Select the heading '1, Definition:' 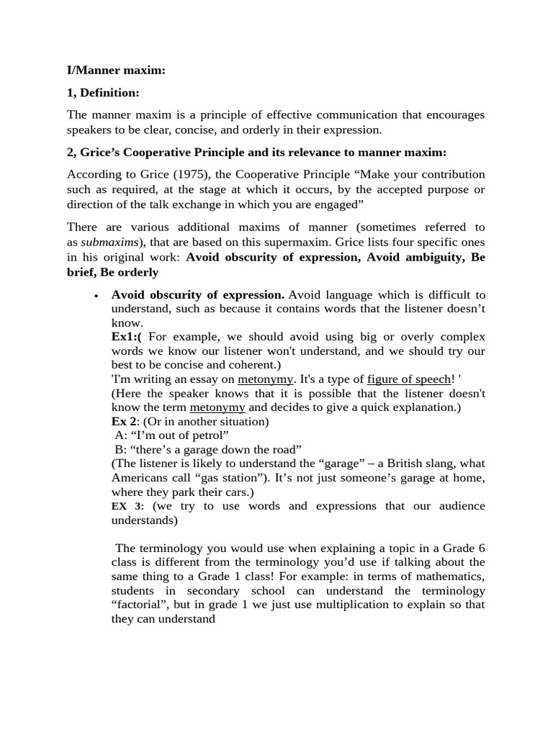103,93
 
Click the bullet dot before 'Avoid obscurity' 96,296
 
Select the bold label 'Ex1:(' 127,337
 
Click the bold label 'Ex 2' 125,421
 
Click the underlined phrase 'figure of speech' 408,379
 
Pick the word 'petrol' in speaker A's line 209,435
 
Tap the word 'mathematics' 446,576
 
